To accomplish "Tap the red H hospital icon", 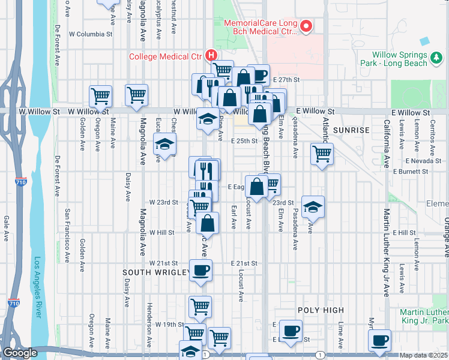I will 211,55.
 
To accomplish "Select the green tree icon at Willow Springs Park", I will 436,59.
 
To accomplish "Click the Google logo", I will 20,353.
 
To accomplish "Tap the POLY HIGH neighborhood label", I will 321,310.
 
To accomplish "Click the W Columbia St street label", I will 91,34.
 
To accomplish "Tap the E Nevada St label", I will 423,161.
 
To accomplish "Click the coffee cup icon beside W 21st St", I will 200,269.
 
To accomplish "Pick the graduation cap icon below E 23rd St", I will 313,207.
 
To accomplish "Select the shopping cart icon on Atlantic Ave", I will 322,154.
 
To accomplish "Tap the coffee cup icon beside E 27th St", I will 258,75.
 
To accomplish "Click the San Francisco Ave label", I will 68,229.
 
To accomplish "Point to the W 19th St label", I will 169,324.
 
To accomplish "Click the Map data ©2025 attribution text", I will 424,355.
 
